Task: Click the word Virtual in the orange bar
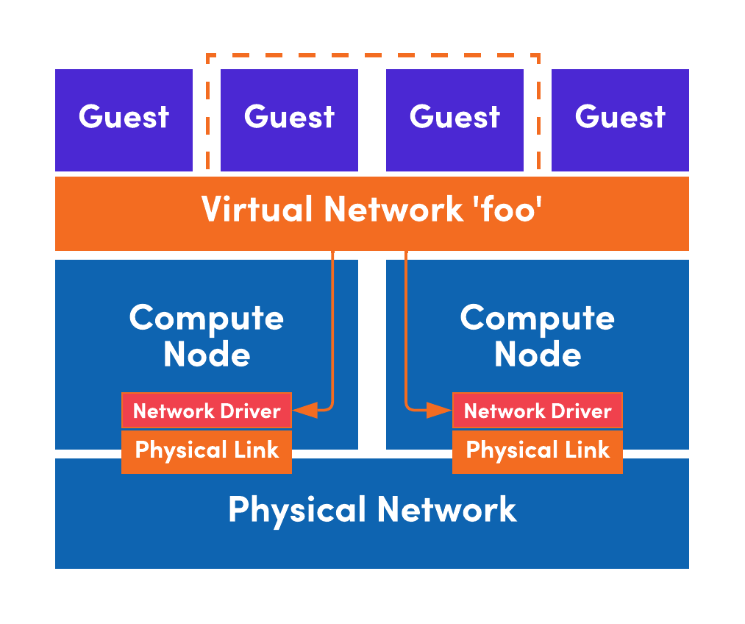click(x=256, y=210)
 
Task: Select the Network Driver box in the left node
click(x=207, y=411)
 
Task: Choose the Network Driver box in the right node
click(x=538, y=411)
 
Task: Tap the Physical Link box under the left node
click(x=207, y=450)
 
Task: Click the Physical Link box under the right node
click(x=538, y=450)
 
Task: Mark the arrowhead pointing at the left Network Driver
click(x=305, y=411)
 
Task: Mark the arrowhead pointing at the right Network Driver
click(x=440, y=411)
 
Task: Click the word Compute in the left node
click(x=207, y=318)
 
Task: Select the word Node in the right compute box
click(x=538, y=355)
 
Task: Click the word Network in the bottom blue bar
click(x=446, y=509)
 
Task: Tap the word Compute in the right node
click(x=538, y=318)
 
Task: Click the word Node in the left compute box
click(x=207, y=355)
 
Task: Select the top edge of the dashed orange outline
click(x=373, y=55)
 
